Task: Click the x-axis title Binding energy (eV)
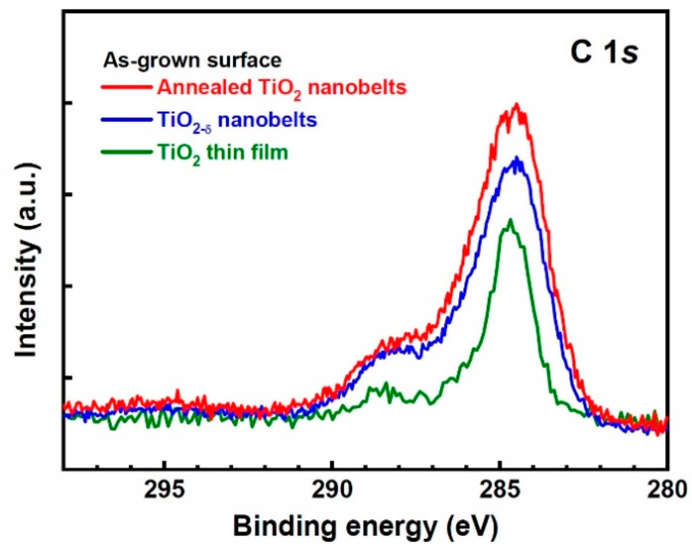pos(365,526)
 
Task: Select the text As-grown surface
pos(192,60)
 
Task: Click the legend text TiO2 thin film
pos(223,152)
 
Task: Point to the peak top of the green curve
pos(510,221)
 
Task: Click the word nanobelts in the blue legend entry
pos(267,120)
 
